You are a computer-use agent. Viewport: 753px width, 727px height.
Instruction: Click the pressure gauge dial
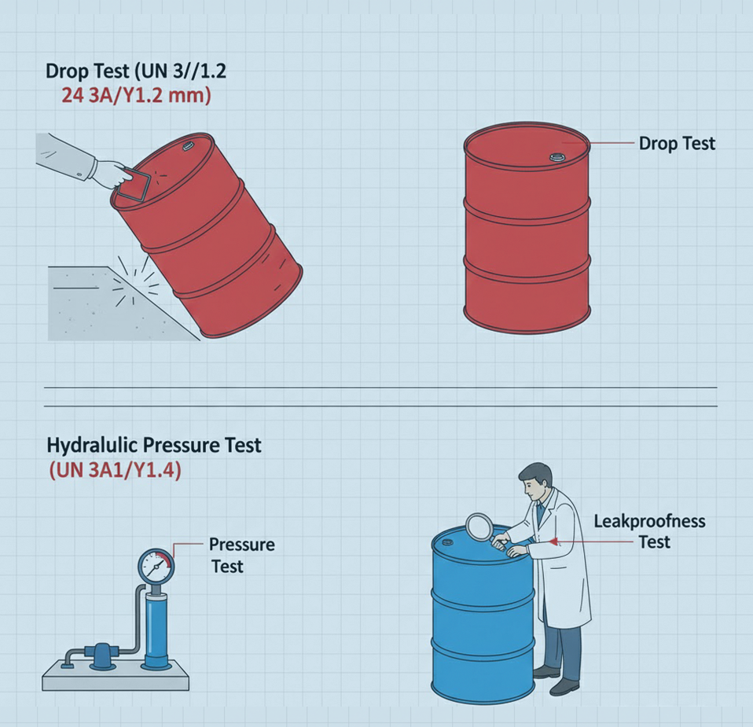tap(156, 566)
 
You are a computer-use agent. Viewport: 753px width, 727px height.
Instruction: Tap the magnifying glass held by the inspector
tap(479, 527)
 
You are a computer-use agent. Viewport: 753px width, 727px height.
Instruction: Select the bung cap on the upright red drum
tap(557, 156)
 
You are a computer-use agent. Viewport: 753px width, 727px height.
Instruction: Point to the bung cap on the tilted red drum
tap(187, 146)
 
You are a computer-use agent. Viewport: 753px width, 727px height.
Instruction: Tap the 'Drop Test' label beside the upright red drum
tap(677, 144)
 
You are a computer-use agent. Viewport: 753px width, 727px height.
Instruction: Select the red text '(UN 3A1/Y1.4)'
tap(116, 471)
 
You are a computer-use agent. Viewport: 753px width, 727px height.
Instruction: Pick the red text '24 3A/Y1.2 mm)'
tap(137, 95)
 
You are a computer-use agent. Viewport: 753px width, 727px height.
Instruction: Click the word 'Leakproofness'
tap(649, 522)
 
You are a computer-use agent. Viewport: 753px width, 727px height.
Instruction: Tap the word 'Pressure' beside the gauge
tap(241, 545)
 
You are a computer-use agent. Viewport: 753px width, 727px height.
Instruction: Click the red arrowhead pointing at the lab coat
tap(553, 542)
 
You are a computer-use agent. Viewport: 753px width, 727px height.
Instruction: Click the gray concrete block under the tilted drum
tap(116, 304)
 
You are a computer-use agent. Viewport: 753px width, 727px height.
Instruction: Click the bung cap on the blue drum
tap(446, 542)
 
